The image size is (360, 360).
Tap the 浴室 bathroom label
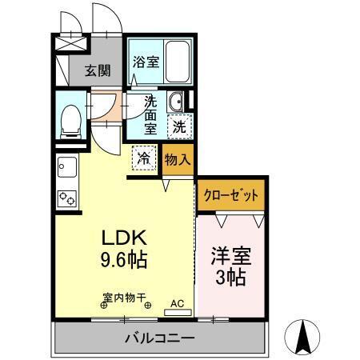click(145, 62)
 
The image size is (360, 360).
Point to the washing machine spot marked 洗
click(180, 125)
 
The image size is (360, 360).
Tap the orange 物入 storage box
click(178, 159)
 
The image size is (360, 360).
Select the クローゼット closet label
click(230, 194)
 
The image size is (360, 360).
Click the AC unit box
click(178, 304)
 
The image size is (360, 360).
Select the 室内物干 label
click(124, 298)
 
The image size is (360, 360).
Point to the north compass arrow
click(303, 337)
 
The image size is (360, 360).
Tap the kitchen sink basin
click(65, 167)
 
